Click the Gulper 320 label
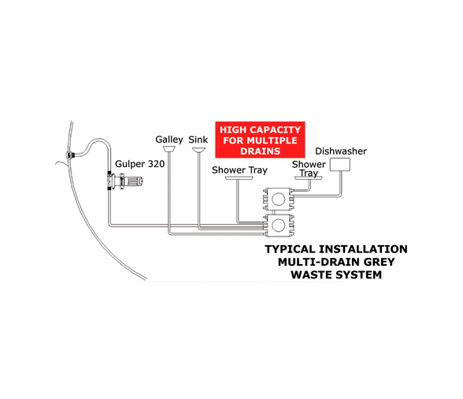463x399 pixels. [x=139, y=164]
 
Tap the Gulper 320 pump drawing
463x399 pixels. [x=124, y=181]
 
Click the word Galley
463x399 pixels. [x=169, y=140]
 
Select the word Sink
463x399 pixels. [x=198, y=140]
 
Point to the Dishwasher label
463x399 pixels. [x=341, y=151]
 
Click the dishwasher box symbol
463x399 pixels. [x=340, y=165]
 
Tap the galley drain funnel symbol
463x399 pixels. [x=169, y=149]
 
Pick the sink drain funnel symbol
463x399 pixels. [x=198, y=151]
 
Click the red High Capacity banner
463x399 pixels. [x=260, y=140]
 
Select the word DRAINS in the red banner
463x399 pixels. [x=260, y=151]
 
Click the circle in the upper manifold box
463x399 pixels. [x=278, y=199]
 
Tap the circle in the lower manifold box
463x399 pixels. [x=278, y=226]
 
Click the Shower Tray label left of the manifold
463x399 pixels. [x=239, y=170]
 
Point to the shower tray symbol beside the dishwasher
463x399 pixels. [x=309, y=178]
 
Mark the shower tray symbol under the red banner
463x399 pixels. [x=239, y=178]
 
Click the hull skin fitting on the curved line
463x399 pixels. [x=70, y=155]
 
